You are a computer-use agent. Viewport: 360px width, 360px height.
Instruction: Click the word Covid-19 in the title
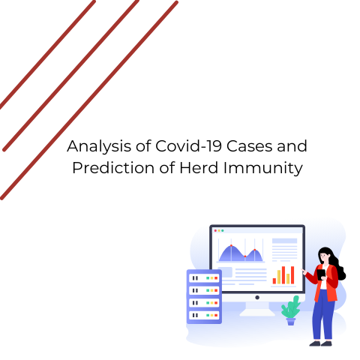(x=189, y=146)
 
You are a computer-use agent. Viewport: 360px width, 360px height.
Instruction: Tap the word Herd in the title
(x=199, y=167)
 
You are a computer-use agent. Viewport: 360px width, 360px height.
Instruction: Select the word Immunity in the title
(x=263, y=169)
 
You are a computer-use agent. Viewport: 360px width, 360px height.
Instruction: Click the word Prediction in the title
(x=113, y=167)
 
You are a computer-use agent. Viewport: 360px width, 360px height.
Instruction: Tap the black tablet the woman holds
(x=321, y=274)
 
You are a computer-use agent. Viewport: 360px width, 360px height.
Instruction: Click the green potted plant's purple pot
(x=290, y=321)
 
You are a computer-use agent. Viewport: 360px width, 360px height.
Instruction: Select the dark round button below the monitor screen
(x=257, y=298)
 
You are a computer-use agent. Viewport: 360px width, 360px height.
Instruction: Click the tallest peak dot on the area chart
(x=231, y=245)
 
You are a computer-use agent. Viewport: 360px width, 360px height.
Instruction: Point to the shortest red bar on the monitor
(x=274, y=281)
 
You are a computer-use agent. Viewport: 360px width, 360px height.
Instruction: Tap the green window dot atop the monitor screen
(x=223, y=230)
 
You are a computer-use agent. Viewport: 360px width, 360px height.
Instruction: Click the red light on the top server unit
(x=216, y=278)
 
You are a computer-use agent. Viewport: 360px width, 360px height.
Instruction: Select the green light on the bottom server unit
(x=208, y=315)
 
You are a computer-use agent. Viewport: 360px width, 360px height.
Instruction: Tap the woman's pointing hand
(x=304, y=271)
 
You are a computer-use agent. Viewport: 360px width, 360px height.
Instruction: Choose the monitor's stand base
(x=257, y=313)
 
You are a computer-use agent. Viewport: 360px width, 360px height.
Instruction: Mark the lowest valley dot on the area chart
(x=245, y=256)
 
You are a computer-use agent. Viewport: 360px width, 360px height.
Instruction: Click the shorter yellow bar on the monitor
(x=288, y=279)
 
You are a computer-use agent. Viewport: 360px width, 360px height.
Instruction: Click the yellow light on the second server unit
(x=212, y=290)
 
